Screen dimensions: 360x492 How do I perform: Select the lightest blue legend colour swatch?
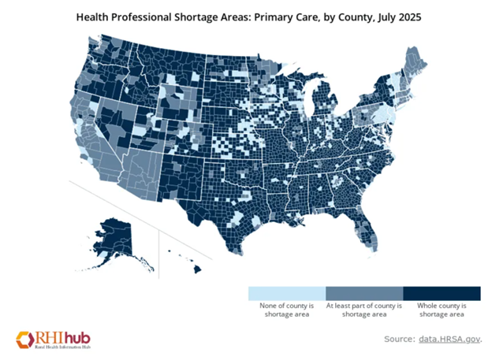pos(286,291)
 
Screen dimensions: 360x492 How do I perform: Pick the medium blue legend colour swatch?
pos(363,291)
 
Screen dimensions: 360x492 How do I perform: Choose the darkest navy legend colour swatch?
pos(441,291)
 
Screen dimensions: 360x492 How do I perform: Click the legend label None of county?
pos(286,304)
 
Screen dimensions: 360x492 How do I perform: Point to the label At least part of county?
pos(363,304)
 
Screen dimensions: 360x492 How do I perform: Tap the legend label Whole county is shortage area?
pos(441,309)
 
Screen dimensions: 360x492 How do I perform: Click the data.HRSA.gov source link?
pos(449,339)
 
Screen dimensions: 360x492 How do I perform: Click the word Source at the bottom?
pos(398,339)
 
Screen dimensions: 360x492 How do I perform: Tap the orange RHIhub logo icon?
pos(23,338)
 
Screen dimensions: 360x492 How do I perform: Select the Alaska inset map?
pos(118,236)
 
